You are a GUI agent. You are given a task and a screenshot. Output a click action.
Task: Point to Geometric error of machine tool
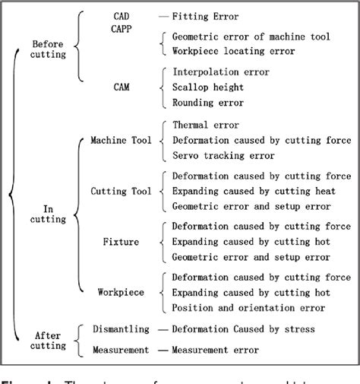pyautogui.click(x=251, y=36)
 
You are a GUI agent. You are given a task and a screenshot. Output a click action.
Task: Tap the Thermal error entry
pyautogui.click(x=206, y=125)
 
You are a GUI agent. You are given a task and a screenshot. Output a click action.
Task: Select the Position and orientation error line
pyautogui.click(x=248, y=307)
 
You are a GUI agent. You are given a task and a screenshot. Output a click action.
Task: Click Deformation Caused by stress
pyautogui.click(x=243, y=329)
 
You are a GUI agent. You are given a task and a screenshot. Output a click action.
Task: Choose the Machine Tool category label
pyautogui.click(x=121, y=140)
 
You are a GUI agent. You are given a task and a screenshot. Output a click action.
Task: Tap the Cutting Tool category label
pyautogui.click(x=121, y=192)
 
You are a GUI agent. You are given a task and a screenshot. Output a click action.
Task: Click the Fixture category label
pyautogui.click(x=120, y=242)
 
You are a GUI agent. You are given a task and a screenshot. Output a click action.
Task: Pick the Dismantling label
pyautogui.click(x=120, y=329)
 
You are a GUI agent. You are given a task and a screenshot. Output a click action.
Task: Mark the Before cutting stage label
pyautogui.click(x=48, y=49)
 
